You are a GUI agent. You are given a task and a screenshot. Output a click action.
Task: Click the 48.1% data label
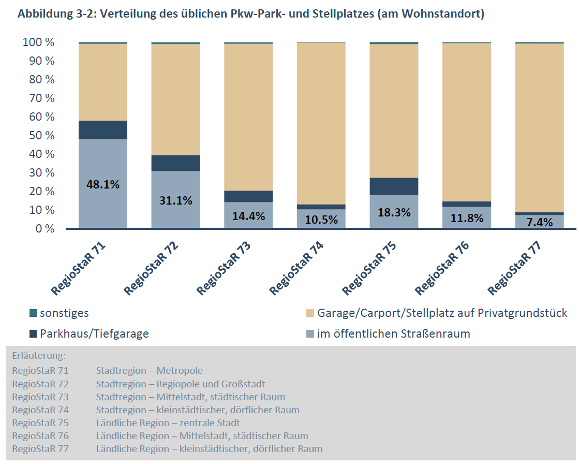point(103,184)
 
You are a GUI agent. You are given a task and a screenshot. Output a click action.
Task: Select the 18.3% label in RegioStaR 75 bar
point(394,212)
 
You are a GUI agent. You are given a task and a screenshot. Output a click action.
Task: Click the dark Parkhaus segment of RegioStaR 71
point(103,130)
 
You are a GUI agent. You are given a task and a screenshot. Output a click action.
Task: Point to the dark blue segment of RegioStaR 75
point(394,186)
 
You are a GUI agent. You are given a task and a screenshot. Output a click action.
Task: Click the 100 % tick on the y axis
point(38,42)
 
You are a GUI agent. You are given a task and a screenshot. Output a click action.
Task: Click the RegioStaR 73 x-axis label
point(224,267)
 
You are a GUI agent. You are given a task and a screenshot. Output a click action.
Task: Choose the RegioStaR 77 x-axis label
point(515,267)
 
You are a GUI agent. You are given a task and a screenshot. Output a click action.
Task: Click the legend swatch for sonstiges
point(33,313)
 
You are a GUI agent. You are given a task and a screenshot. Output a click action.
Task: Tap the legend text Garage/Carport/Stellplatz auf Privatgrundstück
point(442,313)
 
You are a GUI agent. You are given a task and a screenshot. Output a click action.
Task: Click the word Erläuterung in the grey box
point(39,356)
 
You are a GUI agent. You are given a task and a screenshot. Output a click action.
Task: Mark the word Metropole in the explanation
point(180,371)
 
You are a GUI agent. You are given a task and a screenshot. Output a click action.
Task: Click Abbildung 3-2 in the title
point(54,14)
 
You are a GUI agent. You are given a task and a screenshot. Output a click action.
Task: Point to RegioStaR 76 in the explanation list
point(40,436)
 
